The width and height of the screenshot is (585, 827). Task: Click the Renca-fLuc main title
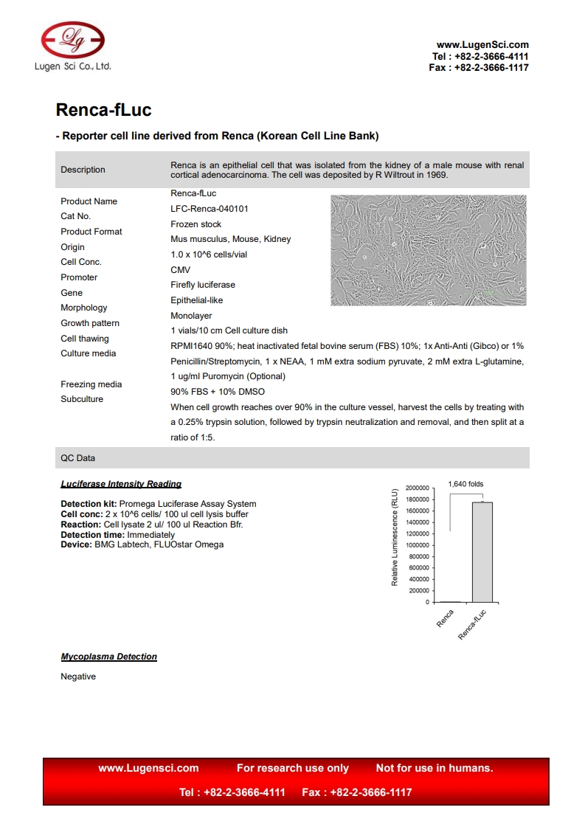tap(103, 111)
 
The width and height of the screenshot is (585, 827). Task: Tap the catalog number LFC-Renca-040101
tap(210, 209)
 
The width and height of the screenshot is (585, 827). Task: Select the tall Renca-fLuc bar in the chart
tap(482, 552)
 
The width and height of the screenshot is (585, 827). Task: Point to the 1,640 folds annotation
tap(465, 484)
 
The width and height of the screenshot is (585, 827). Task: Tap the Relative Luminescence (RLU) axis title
tap(395, 537)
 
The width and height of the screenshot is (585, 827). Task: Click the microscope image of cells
tap(429, 250)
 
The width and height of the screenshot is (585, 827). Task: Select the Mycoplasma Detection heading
tap(108, 657)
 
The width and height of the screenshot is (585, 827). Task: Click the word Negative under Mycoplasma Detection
tap(78, 677)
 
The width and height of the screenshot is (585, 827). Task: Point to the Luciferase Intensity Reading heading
tap(121, 484)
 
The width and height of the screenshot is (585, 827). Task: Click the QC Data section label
tap(77, 458)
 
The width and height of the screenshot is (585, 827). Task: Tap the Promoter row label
tap(79, 277)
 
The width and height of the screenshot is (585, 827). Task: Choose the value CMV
tap(181, 270)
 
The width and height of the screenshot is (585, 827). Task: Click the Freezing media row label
tap(91, 384)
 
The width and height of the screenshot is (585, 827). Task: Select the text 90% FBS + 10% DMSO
tap(218, 392)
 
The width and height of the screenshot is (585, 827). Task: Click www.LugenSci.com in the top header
tap(482, 45)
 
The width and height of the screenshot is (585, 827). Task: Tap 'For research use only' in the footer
tap(293, 768)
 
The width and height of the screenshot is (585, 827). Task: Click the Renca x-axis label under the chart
tap(445, 619)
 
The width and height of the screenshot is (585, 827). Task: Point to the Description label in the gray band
tap(83, 170)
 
